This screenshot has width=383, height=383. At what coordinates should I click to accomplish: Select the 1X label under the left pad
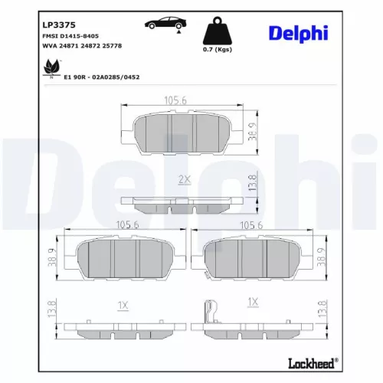click(123, 305)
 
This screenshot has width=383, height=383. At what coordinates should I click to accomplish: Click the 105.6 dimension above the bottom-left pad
click(126, 224)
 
